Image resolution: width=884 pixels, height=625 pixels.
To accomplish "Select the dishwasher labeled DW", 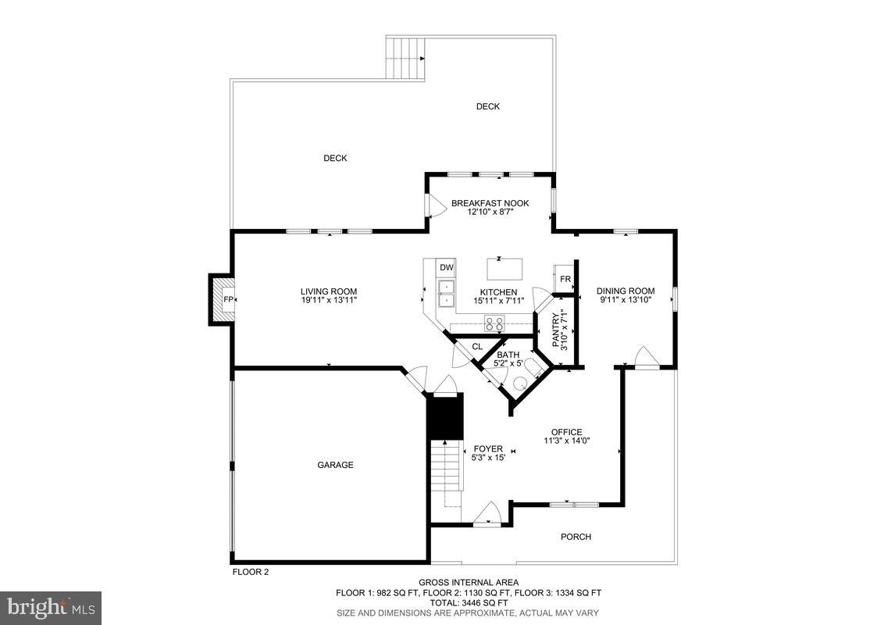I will pos(446,268).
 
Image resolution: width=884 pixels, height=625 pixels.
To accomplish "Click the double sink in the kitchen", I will pos(446,295).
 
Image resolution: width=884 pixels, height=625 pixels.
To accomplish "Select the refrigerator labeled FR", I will pos(564,280).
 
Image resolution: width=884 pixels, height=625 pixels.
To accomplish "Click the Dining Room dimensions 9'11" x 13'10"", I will pos(626,299).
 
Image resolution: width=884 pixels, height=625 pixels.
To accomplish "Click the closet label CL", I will pos(476,346).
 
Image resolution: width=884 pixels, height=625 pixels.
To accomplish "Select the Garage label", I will pos(335,465).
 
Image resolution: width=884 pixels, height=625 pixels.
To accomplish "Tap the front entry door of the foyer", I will pos(488,516).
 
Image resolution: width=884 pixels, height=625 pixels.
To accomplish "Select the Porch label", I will pos(576,537).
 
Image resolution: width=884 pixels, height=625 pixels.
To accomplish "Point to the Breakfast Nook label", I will pos(490,203).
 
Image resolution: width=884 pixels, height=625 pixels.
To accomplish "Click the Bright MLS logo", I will pos(51,607).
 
